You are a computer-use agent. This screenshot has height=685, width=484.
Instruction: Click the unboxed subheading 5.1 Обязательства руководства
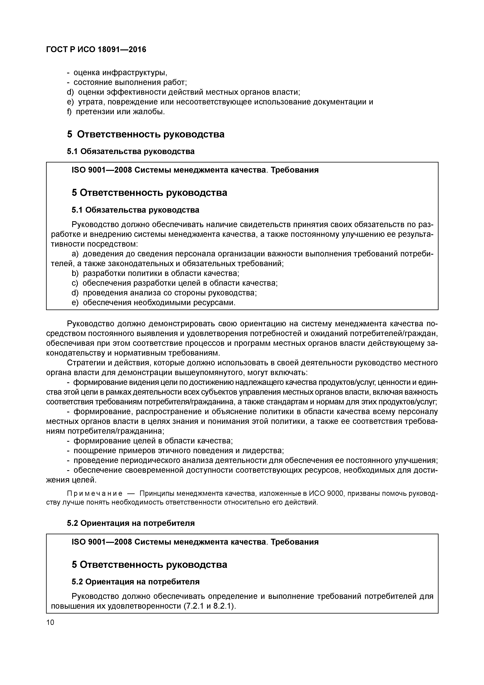(131, 151)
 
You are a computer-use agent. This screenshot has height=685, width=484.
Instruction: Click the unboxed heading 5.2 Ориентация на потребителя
(131, 523)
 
